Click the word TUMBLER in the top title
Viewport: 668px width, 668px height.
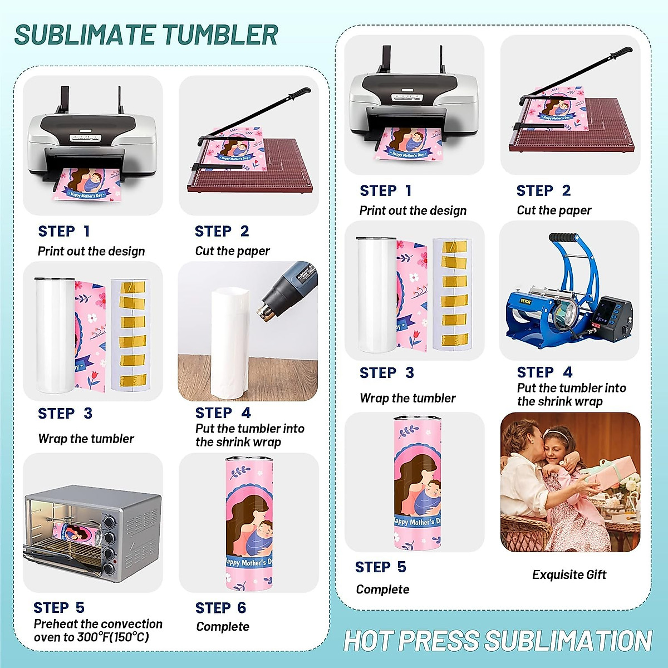[220, 35]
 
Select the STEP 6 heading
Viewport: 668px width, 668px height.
[220, 608]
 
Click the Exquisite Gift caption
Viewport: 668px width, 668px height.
[569, 574]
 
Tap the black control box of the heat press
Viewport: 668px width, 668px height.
[611, 317]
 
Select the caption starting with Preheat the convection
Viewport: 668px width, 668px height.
[98, 630]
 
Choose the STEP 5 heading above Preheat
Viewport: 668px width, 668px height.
[58, 607]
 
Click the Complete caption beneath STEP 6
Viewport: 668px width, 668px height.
[223, 626]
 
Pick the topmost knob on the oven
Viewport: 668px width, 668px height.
[109, 522]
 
